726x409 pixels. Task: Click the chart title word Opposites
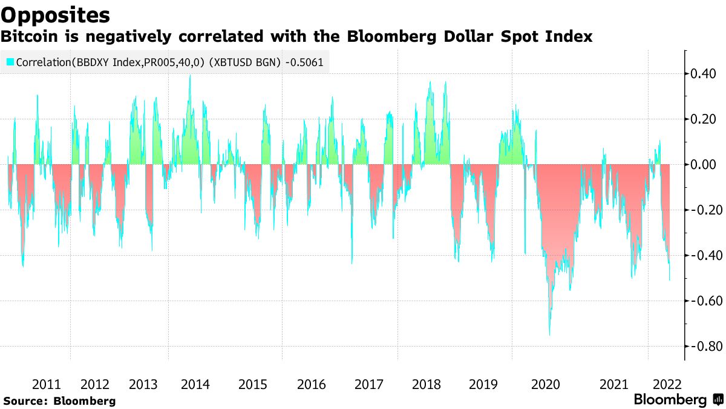coord(56,14)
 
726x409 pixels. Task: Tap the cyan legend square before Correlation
coord(10,62)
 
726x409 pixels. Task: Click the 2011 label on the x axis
coord(46,384)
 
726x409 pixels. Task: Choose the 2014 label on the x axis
coord(195,384)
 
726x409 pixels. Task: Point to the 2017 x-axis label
coord(368,384)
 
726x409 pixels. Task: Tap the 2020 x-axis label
coord(546,384)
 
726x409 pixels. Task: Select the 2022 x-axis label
coord(667,384)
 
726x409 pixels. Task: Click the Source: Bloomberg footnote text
coord(59,401)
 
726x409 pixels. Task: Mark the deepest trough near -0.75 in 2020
coord(549,334)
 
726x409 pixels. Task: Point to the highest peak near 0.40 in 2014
coord(190,76)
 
